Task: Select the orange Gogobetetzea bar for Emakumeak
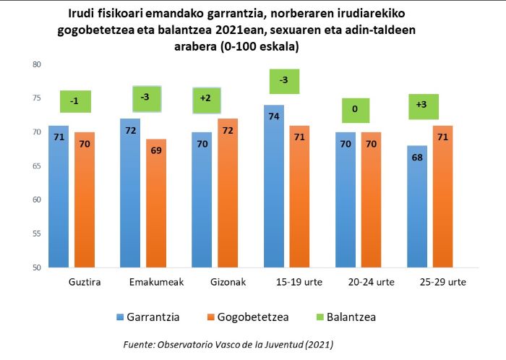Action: (x=156, y=203)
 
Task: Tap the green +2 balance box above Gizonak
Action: (x=207, y=100)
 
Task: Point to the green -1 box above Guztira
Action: (x=75, y=101)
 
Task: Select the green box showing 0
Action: (x=356, y=110)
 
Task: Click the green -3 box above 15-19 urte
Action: (x=284, y=81)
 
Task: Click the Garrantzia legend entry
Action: (x=147, y=317)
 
